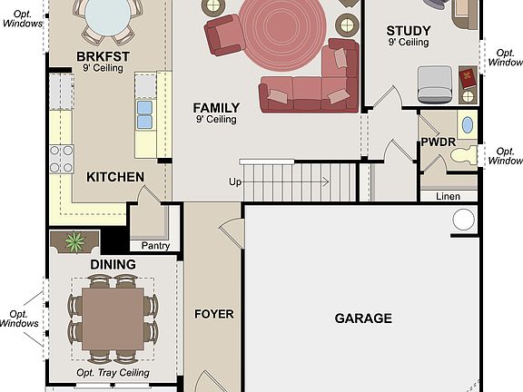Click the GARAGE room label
pyautogui.click(x=363, y=318)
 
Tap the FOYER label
pyautogui.click(x=214, y=315)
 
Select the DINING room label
pyautogui.click(x=113, y=265)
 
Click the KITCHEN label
pyautogui.click(x=115, y=177)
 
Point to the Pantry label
pyautogui.click(x=155, y=245)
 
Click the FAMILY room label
pyautogui.click(x=215, y=107)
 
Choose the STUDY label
pyautogui.click(x=408, y=31)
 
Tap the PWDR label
pyautogui.click(x=438, y=142)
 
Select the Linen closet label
pyautogui.click(x=448, y=196)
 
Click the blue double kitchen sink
pyautogui.click(x=144, y=114)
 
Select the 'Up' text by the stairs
pyautogui.click(x=235, y=182)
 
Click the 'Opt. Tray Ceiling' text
pyautogui.click(x=113, y=373)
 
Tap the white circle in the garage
pyautogui.click(x=463, y=220)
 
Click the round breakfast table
pyautogui.click(x=108, y=16)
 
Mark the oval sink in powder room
pyautogui.click(x=468, y=125)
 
